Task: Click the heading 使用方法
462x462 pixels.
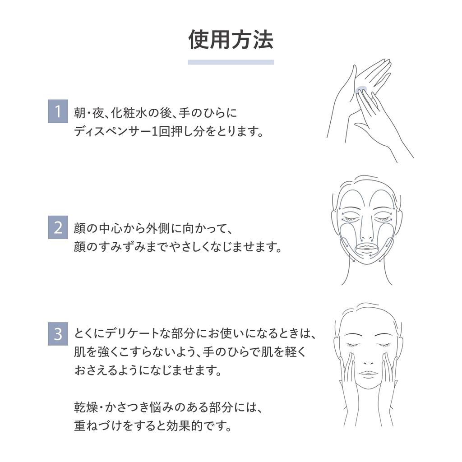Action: point(231,40)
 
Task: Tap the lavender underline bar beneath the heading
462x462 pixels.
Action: point(231,62)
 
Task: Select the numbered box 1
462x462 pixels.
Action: point(58,111)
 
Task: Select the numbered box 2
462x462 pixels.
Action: point(58,227)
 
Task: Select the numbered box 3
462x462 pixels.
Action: point(58,334)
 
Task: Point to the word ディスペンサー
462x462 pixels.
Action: point(112,131)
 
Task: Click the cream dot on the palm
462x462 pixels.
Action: point(361,89)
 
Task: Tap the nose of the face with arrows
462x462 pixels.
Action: point(366,235)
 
